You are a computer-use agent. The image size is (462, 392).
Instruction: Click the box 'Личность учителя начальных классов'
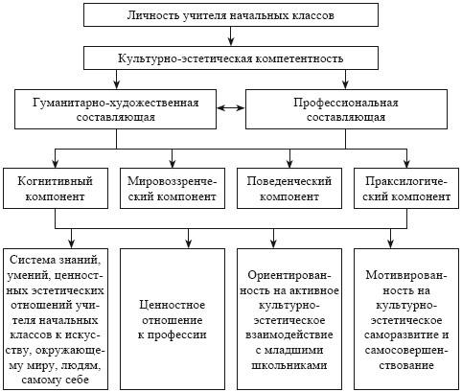click(x=231, y=14)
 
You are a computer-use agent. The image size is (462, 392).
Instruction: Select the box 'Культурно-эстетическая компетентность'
click(x=231, y=58)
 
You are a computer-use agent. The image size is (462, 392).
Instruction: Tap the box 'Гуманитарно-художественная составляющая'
click(x=115, y=109)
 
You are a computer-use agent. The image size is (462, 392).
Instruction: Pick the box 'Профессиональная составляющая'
click(x=346, y=109)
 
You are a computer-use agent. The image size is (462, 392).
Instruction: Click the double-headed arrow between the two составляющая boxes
click(x=231, y=108)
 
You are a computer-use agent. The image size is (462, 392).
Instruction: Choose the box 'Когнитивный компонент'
click(x=56, y=189)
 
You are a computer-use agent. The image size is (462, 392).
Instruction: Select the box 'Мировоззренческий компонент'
click(x=173, y=189)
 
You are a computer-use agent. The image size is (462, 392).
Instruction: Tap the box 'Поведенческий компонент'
click(x=289, y=189)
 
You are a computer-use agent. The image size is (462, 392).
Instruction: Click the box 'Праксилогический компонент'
click(x=406, y=189)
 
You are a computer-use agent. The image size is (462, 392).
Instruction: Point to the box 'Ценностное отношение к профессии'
click(x=173, y=319)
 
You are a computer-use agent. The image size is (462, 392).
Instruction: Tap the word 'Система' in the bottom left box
click(x=30, y=260)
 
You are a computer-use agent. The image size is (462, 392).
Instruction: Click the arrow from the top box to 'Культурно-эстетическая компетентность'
click(x=231, y=36)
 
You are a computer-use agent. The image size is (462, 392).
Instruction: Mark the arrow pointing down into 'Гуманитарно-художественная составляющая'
click(x=116, y=80)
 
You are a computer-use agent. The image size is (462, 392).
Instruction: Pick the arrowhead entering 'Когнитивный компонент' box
click(x=56, y=164)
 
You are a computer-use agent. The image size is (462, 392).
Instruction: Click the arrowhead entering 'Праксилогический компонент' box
click(x=406, y=164)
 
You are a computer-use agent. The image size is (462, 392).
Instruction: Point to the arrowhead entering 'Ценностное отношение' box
click(x=188, y=244)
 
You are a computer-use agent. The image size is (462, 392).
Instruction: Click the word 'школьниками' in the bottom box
click(x=289, y=365)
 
